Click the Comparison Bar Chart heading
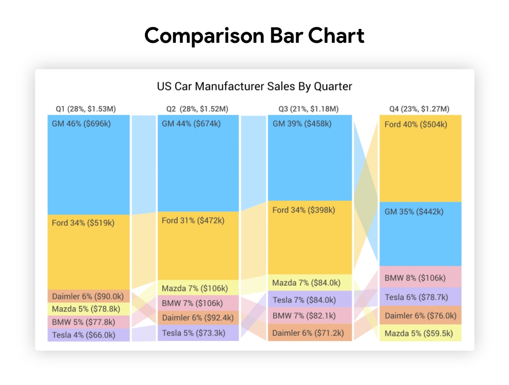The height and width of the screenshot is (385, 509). [254, 36]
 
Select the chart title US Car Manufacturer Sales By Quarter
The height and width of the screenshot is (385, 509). [254, 87]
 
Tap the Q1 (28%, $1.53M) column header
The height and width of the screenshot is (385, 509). [85, 109]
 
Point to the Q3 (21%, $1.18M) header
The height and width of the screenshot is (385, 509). [308, 109]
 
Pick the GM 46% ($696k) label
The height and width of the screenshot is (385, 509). [81, 124]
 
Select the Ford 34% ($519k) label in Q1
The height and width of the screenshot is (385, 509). [83, 223]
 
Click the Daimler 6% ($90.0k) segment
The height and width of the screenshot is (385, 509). [88, 296]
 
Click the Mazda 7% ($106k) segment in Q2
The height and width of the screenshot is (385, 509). [195, 288]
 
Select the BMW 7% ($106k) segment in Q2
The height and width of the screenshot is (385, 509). [192, 303]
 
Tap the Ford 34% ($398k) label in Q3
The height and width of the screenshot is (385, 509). [304, 210]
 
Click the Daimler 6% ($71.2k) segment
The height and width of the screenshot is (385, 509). [308, 333]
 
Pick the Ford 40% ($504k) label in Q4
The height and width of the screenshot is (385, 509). [416, 125]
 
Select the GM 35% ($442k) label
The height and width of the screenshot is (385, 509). [414, 211]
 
